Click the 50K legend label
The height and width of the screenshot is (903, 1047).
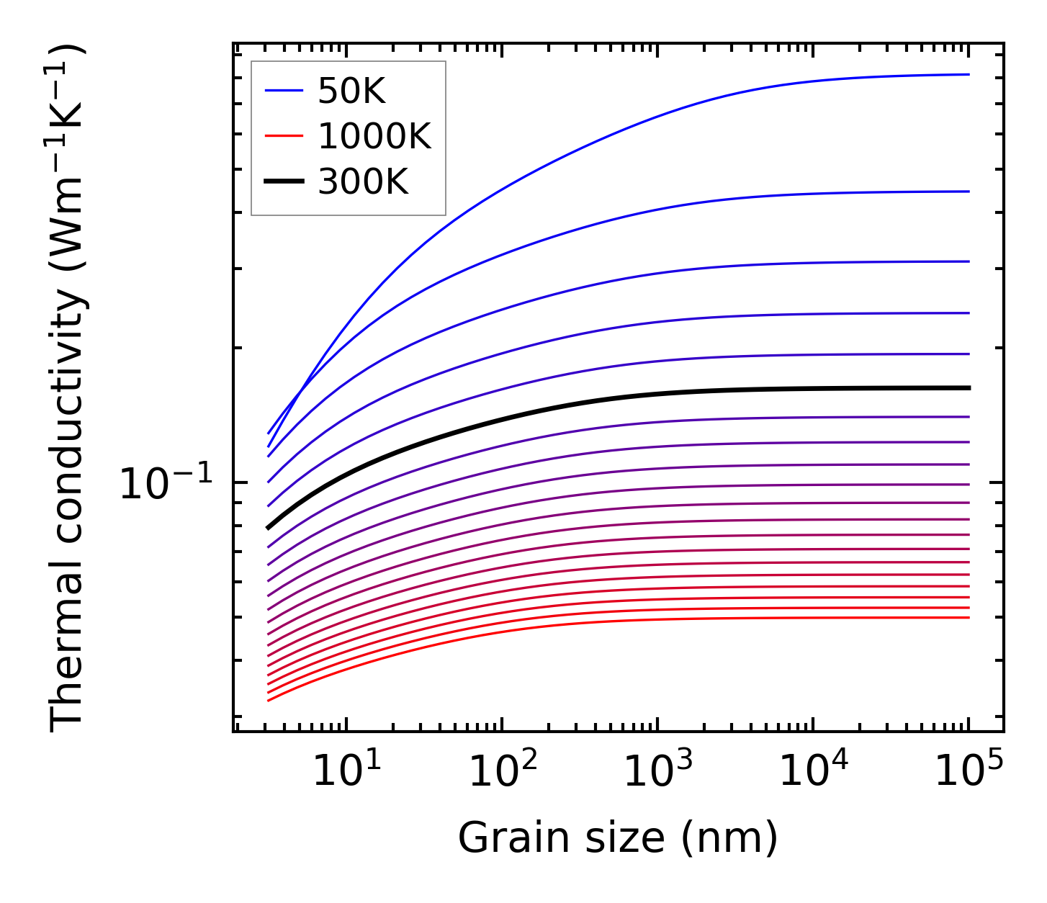pos(352,91)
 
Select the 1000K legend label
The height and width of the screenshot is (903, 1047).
pos(374,136)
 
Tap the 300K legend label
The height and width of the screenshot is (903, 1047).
pos(363,181)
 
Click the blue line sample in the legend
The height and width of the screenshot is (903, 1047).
pos(284,91)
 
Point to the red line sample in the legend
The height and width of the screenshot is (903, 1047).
pos(284,136)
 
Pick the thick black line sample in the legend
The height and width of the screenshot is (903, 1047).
pos(284,181)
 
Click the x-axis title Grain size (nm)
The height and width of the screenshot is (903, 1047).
pos(618,838)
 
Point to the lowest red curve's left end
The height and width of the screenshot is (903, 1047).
pos(269,700)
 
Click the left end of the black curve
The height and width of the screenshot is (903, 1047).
pos(269,528)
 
